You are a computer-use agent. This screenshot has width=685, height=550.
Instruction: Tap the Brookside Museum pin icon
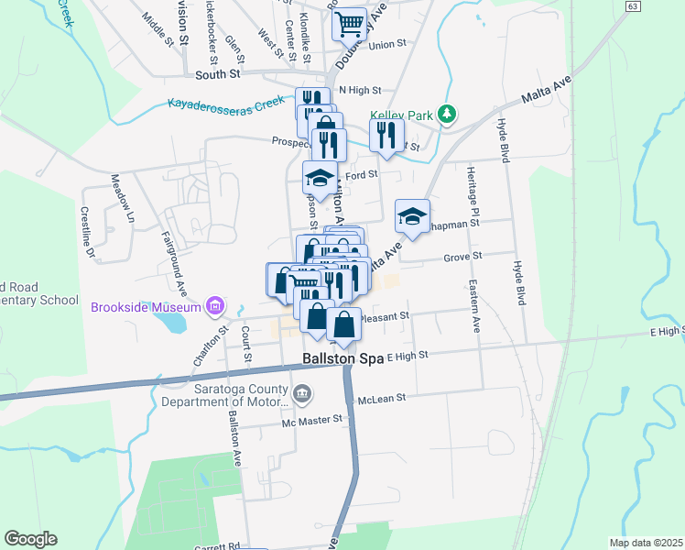215,305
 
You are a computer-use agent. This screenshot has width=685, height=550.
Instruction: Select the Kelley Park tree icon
447,114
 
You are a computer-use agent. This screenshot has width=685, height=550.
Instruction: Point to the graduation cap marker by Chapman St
412,216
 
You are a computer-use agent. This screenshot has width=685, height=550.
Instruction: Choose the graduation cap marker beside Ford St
320,178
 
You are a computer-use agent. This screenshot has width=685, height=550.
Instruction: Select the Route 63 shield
633,5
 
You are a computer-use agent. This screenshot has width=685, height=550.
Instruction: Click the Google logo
30,539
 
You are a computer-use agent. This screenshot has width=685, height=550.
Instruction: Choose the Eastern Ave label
475,306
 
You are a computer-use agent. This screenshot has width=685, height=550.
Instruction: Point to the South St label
217,73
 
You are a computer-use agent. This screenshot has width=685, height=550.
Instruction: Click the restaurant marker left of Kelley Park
386,135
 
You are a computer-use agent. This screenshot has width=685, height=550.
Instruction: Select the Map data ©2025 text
645,543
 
